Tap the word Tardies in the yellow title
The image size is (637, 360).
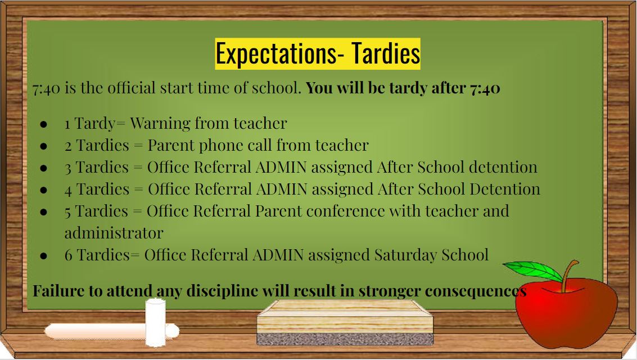pos(386,53)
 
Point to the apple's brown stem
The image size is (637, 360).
pos(570,276)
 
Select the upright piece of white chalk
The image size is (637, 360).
pos(156,323)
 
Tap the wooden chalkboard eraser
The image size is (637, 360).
pos(345,322)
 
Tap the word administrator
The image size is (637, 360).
pos(114,233)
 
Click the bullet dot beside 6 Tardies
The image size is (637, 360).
pos(44,256)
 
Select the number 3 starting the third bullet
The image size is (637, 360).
pos(68,168)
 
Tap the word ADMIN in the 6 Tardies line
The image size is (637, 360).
pos(278,255)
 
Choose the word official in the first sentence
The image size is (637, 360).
pos(131,88)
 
